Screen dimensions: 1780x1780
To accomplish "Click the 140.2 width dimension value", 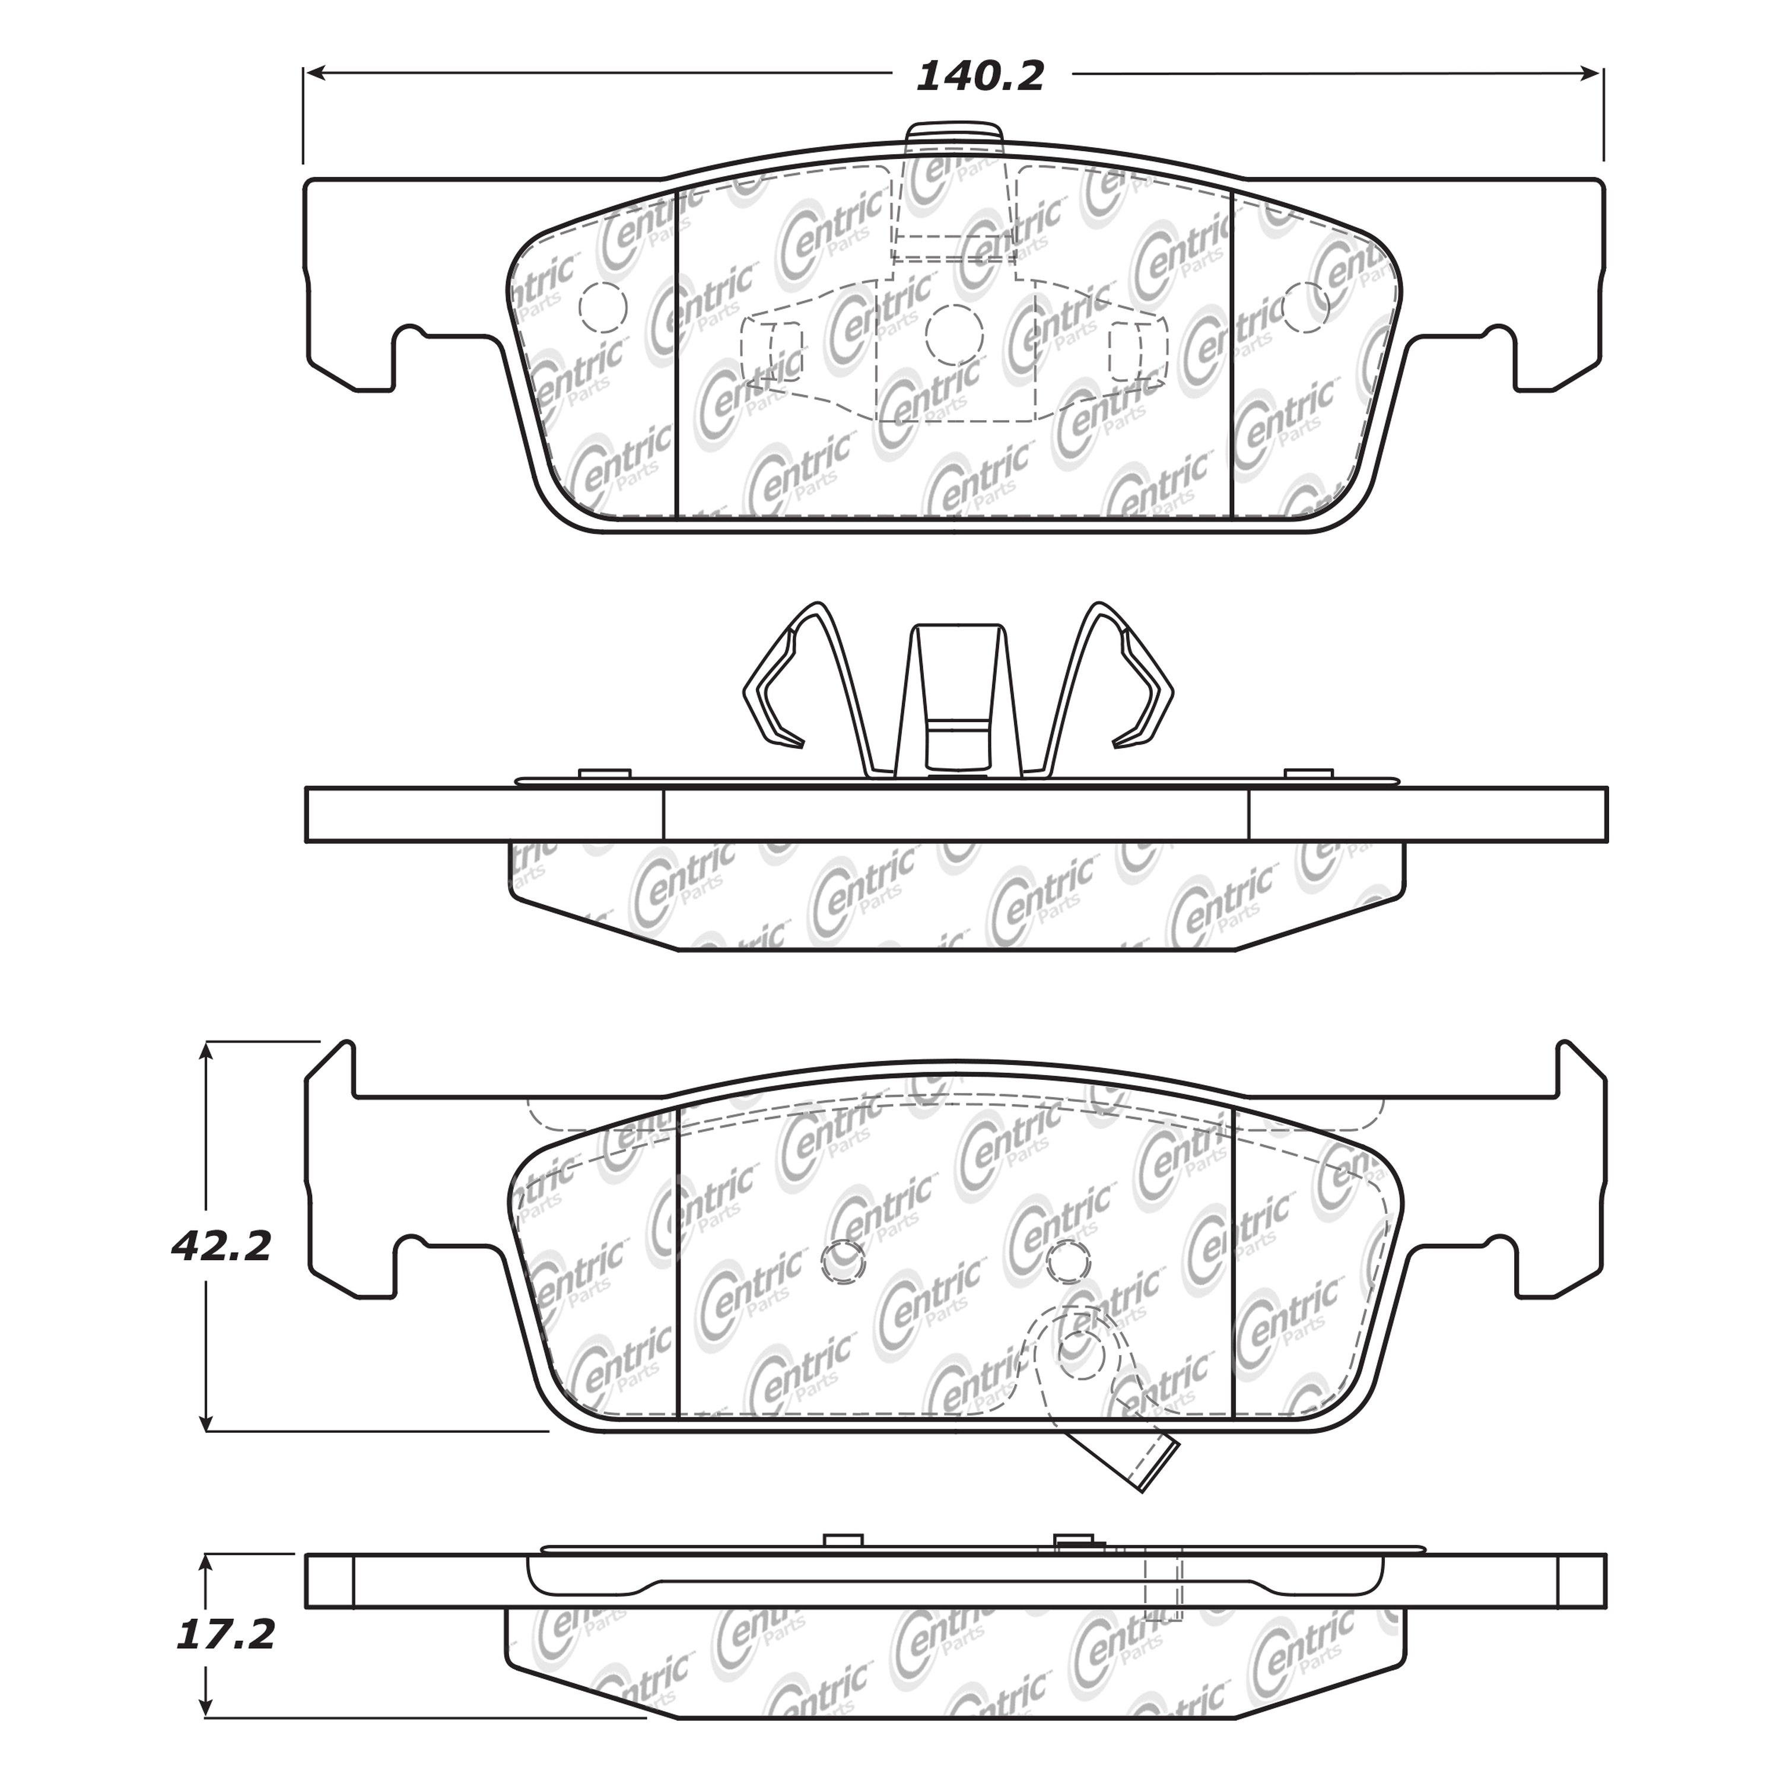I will tap(980, 77).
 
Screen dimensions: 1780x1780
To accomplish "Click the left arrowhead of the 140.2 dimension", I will tap(313, 73).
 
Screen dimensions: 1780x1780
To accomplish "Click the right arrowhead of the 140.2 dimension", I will tap(1595, 73).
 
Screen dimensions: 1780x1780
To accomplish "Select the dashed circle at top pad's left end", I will tap(603, 307).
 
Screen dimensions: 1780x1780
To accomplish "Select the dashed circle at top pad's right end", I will tap(1305, 307).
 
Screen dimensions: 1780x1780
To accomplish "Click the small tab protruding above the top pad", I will tap(953, 135).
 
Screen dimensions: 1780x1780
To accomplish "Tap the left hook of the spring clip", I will tap(772, 682).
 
